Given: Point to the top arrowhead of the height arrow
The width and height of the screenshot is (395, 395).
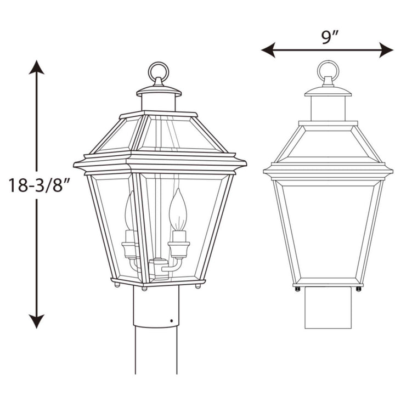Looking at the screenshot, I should (x=37, y=68).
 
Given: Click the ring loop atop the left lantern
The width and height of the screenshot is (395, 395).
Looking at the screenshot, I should (x=159, y=72).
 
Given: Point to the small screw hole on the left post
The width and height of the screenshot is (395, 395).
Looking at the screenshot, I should (x=171, y=320).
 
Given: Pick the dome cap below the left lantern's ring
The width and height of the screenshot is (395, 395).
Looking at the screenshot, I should (x=159, y=91).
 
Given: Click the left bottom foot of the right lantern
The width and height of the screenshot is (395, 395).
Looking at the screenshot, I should (x=297, y=289).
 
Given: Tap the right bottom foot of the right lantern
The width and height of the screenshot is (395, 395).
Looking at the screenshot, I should (x=359, y=289).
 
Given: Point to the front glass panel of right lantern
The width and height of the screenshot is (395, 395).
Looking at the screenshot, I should (x=328, y=230).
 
